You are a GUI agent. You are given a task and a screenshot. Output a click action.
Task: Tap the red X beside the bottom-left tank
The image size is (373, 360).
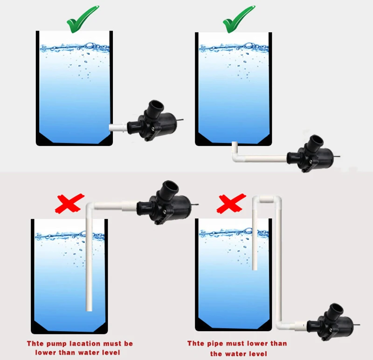tap(69, 204)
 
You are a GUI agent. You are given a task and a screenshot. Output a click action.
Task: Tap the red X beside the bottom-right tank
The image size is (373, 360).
tap(231, 204)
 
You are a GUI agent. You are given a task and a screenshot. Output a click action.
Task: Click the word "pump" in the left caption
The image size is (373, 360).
tap(56, 344)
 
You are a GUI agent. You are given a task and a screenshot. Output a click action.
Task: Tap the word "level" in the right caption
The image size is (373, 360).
tap(256, 353)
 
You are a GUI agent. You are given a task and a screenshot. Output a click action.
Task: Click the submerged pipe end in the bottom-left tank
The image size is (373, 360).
tap(89, 308)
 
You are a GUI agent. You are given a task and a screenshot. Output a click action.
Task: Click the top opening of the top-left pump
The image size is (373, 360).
tap(156, 105)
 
